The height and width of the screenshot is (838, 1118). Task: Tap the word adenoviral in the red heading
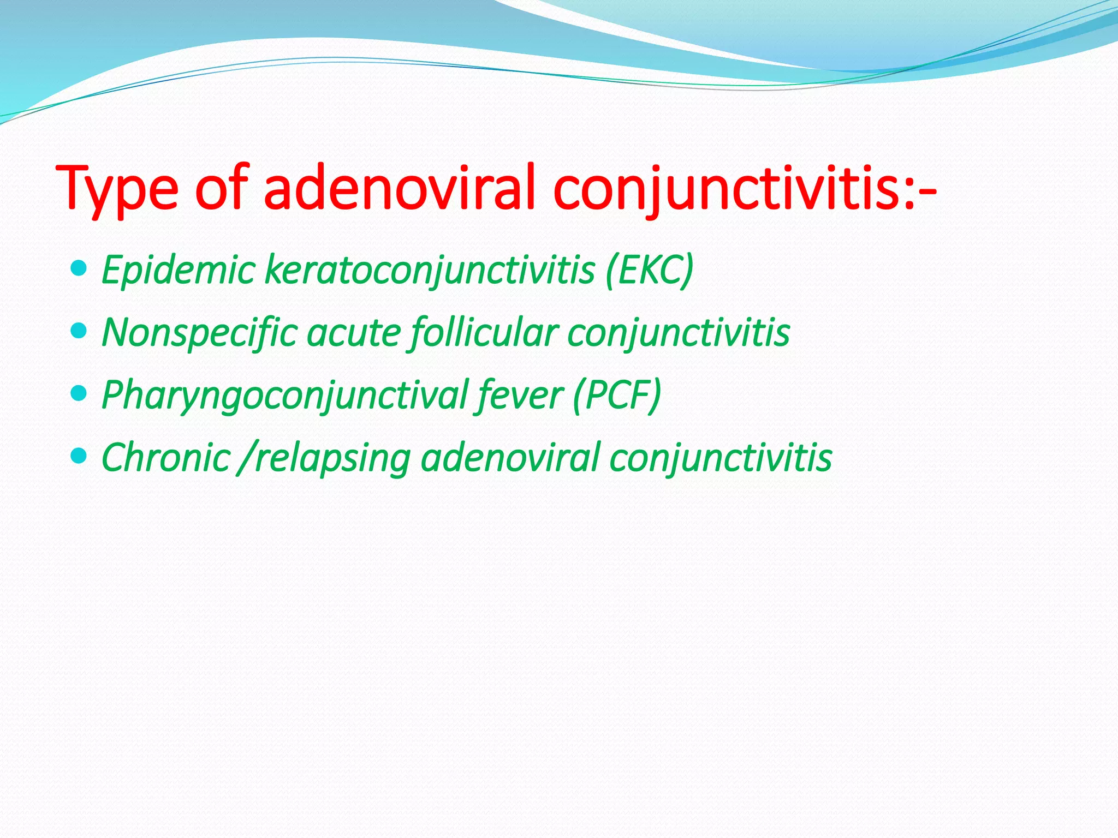click(x=399, y=188)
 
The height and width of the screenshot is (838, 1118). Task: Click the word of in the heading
click(x=221, y=188)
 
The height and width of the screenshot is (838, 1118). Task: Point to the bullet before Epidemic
click(x=79, y=268)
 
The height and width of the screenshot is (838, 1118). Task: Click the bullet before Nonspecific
click(x=79, y=331)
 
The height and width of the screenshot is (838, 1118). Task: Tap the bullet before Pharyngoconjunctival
click(x=79, y=393)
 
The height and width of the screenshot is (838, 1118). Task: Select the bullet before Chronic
click(x=79, y=456)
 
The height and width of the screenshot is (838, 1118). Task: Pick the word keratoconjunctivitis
click(x=429, y=271)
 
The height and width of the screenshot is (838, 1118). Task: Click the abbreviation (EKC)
click(x=649, y=270)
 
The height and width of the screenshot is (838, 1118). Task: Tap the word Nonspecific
click(x=200, y=333)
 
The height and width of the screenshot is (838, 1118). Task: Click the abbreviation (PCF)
click(x=617, y=394)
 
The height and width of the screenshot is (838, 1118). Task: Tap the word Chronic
click(x=166, y=457)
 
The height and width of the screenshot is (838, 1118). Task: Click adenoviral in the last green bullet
click(x=510, y=457)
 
